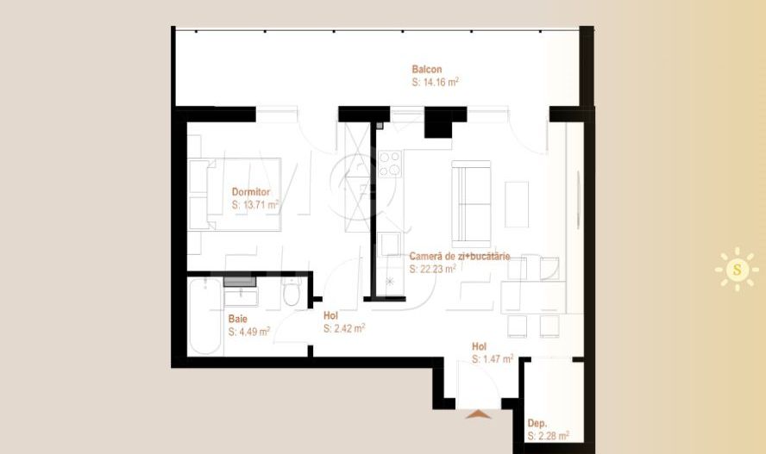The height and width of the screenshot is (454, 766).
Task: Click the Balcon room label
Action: pyautogui.click(x=426, y=69)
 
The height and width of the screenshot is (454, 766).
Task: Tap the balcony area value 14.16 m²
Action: pyautogui.click(x=436, y=82)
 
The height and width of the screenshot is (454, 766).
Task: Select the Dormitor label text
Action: pyautogui.click(x=251, y=192)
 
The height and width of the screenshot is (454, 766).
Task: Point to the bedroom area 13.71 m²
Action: pyautogui.click(x=255, y=205)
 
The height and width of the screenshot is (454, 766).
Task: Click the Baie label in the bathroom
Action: pyautogui.click(x=237, y=319)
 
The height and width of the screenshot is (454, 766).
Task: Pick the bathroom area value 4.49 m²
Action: pyautogui.click(x=249, y=332)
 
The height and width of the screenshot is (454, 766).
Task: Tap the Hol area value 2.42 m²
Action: pyautogui.click(x=344, y=329)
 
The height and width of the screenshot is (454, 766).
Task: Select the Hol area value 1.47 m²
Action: pyautogui.click(x=493, y=359)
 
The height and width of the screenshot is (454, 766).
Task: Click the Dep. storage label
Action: pyautogui.click(x=537, y=423)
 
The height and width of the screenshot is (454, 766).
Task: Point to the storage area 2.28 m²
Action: pyautogui.click(x=548, y=436)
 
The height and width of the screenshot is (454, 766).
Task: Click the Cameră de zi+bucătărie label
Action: pyautogui.click(x=460, y=256)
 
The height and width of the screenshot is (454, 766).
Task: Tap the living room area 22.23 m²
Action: pyautogui.click(x=433, y=269)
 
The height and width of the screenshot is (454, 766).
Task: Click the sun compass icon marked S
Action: pyautogui.click(x=737, y=269)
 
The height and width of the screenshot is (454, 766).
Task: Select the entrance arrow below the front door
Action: pyautogui.click(x=478, y=414)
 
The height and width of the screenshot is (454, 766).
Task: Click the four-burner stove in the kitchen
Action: pyautogui.click(x=390, y=164)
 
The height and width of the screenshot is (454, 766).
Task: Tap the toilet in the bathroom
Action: pyautogui.click(x=292, y=291)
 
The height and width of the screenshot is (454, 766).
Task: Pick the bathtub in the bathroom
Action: pyautogui.click(x=204, y=315)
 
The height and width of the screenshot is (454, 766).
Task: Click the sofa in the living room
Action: pyautogui.click(x=471, y=204)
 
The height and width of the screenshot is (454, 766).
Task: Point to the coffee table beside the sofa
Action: pyautogui.click(x=517, y=204)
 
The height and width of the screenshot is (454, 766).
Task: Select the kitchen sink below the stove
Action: pyautogui.click(x=390, y=244)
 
